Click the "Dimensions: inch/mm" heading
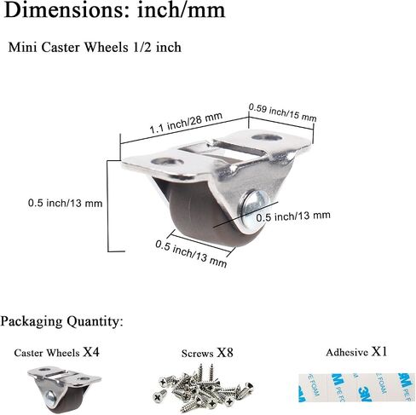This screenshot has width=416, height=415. [x=115, y=11]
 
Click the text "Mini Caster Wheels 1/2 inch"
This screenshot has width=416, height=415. [x=95, y=47]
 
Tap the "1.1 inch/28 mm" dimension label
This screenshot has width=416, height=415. [x=186, y=123]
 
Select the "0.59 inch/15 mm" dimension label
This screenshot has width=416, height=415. [x=282, y=112]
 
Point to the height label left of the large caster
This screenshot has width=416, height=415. [x=65, y=203]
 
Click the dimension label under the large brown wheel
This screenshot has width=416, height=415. [x=191, y=254]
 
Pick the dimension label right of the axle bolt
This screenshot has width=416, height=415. [x=293, y=216]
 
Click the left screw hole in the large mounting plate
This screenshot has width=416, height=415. [x=167, y=162]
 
